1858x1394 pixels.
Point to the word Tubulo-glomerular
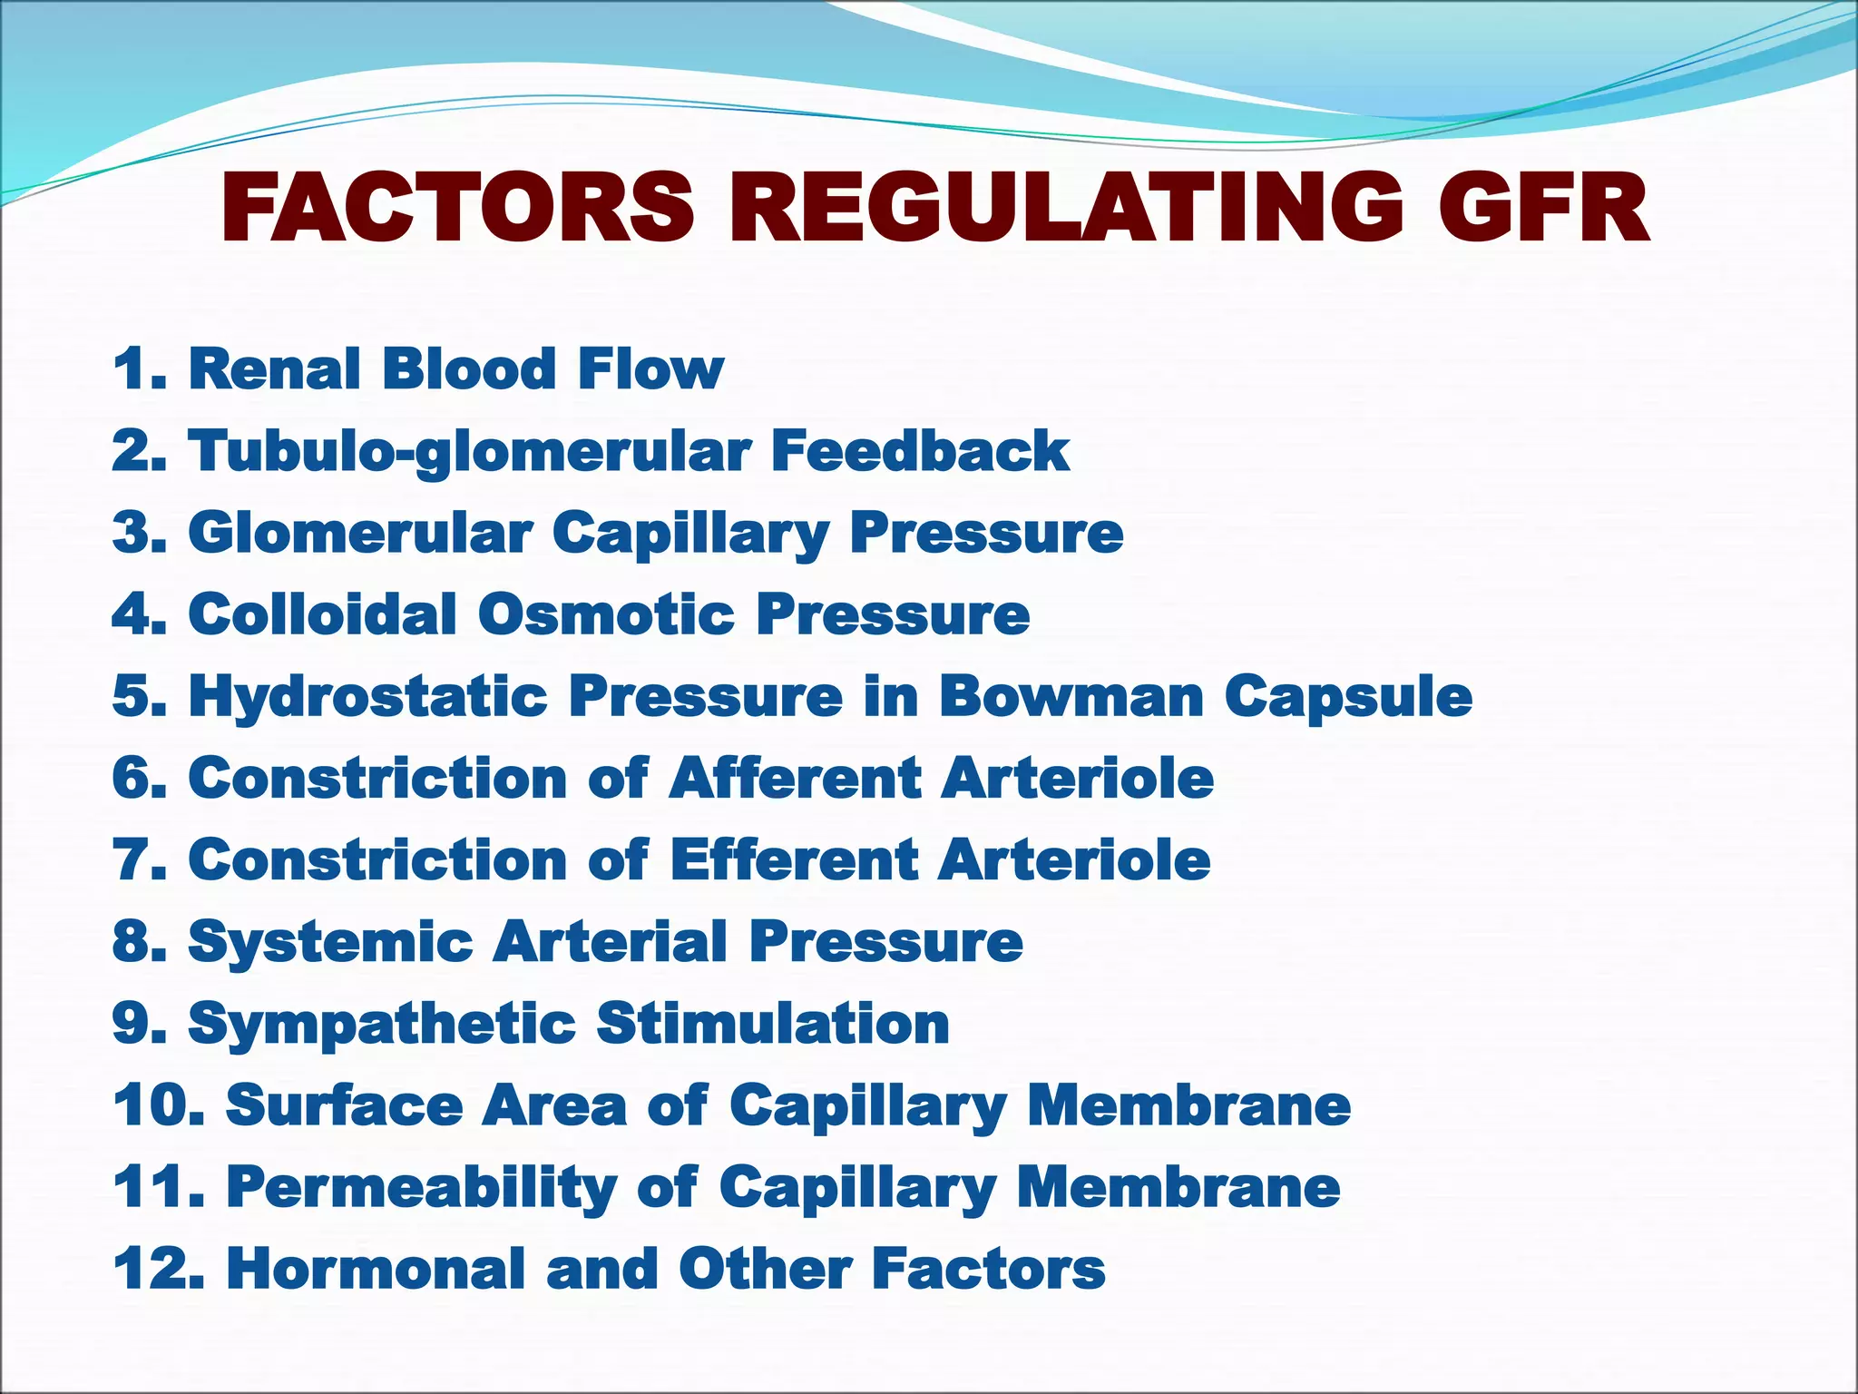(469, 452)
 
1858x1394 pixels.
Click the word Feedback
(920, 451)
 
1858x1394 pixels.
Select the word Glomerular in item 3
(360, 533)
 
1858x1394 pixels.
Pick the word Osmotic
(606, 614)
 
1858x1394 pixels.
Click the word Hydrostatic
(367, 697)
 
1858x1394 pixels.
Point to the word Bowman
(1071, 696)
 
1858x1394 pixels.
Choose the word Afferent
(794, 778)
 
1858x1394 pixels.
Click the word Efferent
(794, 859)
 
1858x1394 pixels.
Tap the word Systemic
(330, 941)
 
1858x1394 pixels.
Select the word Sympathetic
(381, 1025)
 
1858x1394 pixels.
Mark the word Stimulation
(772, 1023)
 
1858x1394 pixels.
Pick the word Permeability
(421, 1188)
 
